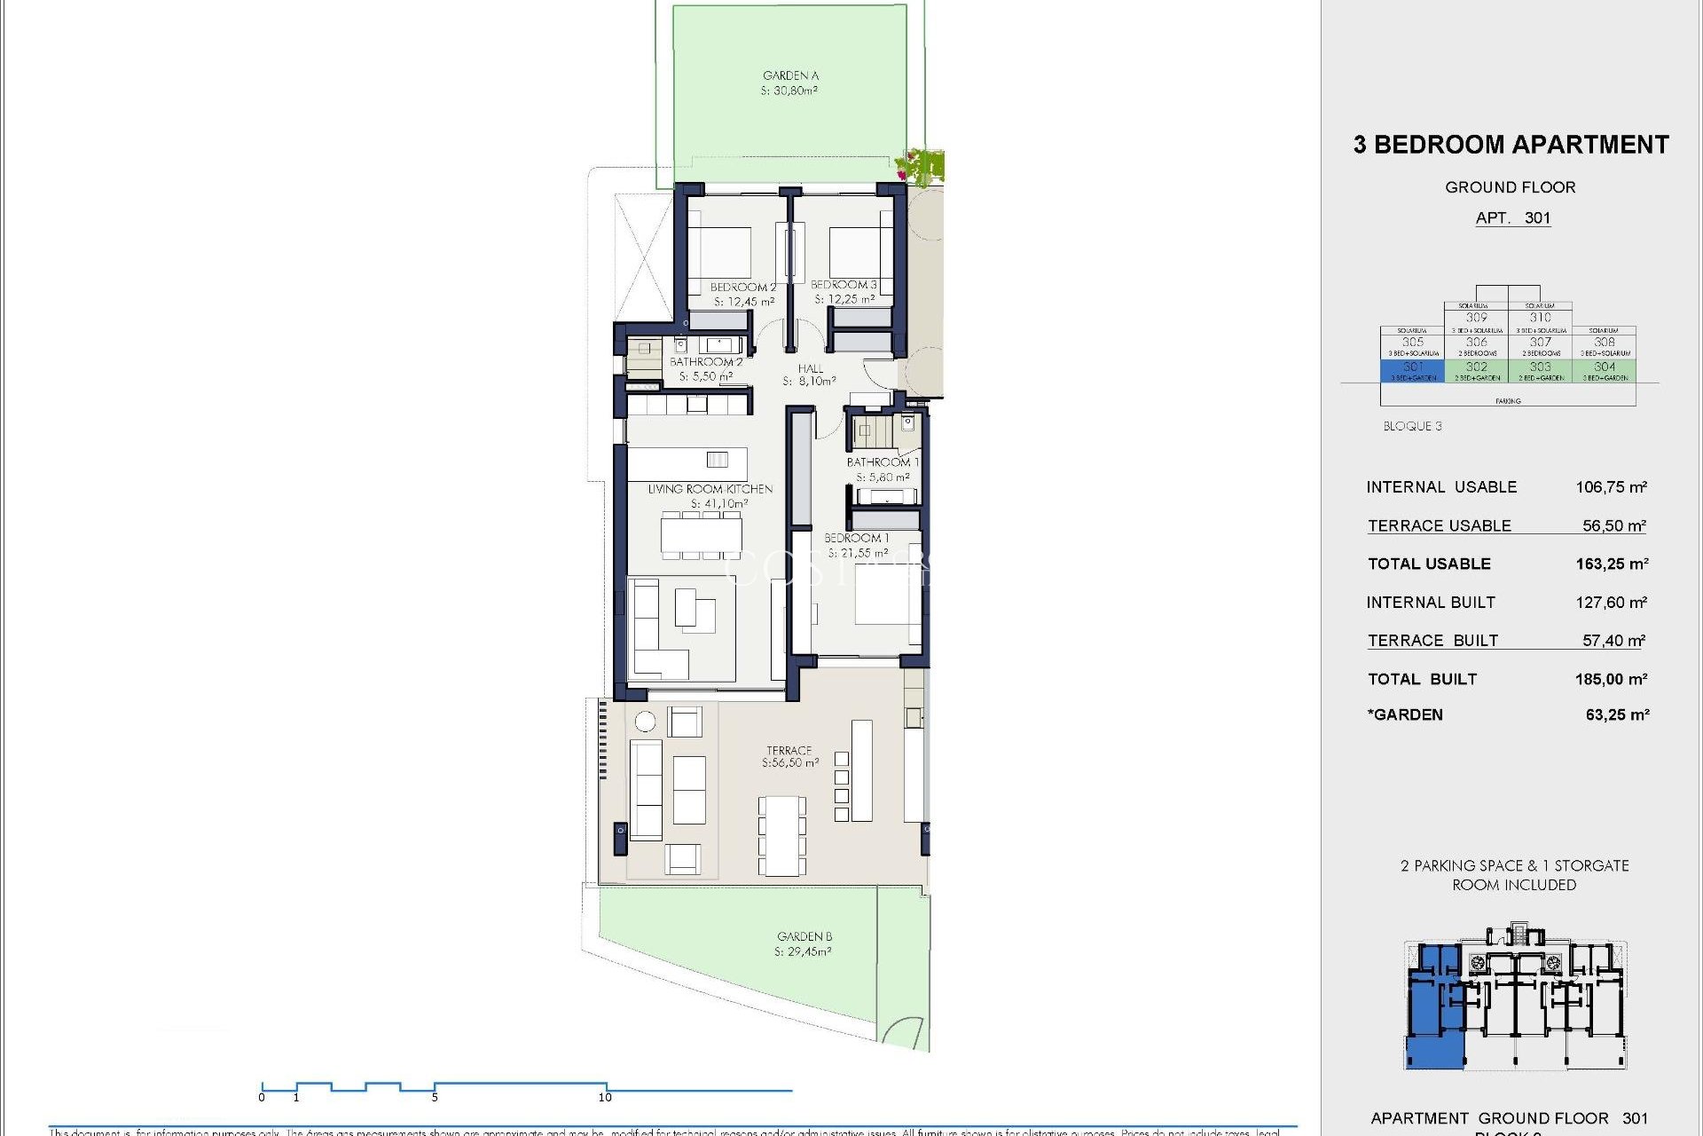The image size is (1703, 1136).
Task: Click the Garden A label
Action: click(x=790, y=75)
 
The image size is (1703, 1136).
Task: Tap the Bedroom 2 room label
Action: click(x=742, y=288)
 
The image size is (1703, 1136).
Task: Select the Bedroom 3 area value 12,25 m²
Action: click(x=844, y=300)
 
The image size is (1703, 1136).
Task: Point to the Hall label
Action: click(x=810, y=368)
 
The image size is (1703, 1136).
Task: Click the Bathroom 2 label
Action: click(x=706, y=362)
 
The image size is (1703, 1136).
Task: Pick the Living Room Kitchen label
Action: click(x=710, y=489)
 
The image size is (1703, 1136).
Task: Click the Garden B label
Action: click(x=804, y=936)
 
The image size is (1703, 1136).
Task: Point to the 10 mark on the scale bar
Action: click(x=606, y=1097)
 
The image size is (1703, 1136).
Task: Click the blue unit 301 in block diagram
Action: click(x=1412, y=370)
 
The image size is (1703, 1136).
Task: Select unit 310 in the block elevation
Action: click(x=1540, y=317)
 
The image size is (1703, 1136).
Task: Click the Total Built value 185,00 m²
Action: click(x=1611, y=680)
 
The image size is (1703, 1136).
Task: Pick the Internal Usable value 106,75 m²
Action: click(x=1611, y=487)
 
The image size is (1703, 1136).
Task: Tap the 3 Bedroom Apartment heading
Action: click(x=1511, y=145)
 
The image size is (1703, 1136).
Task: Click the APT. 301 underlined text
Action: click(x=1512, y=218)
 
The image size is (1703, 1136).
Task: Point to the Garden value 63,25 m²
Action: click(x=1616, y=715)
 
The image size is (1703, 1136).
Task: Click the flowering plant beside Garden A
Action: click(x=921, y=166)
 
